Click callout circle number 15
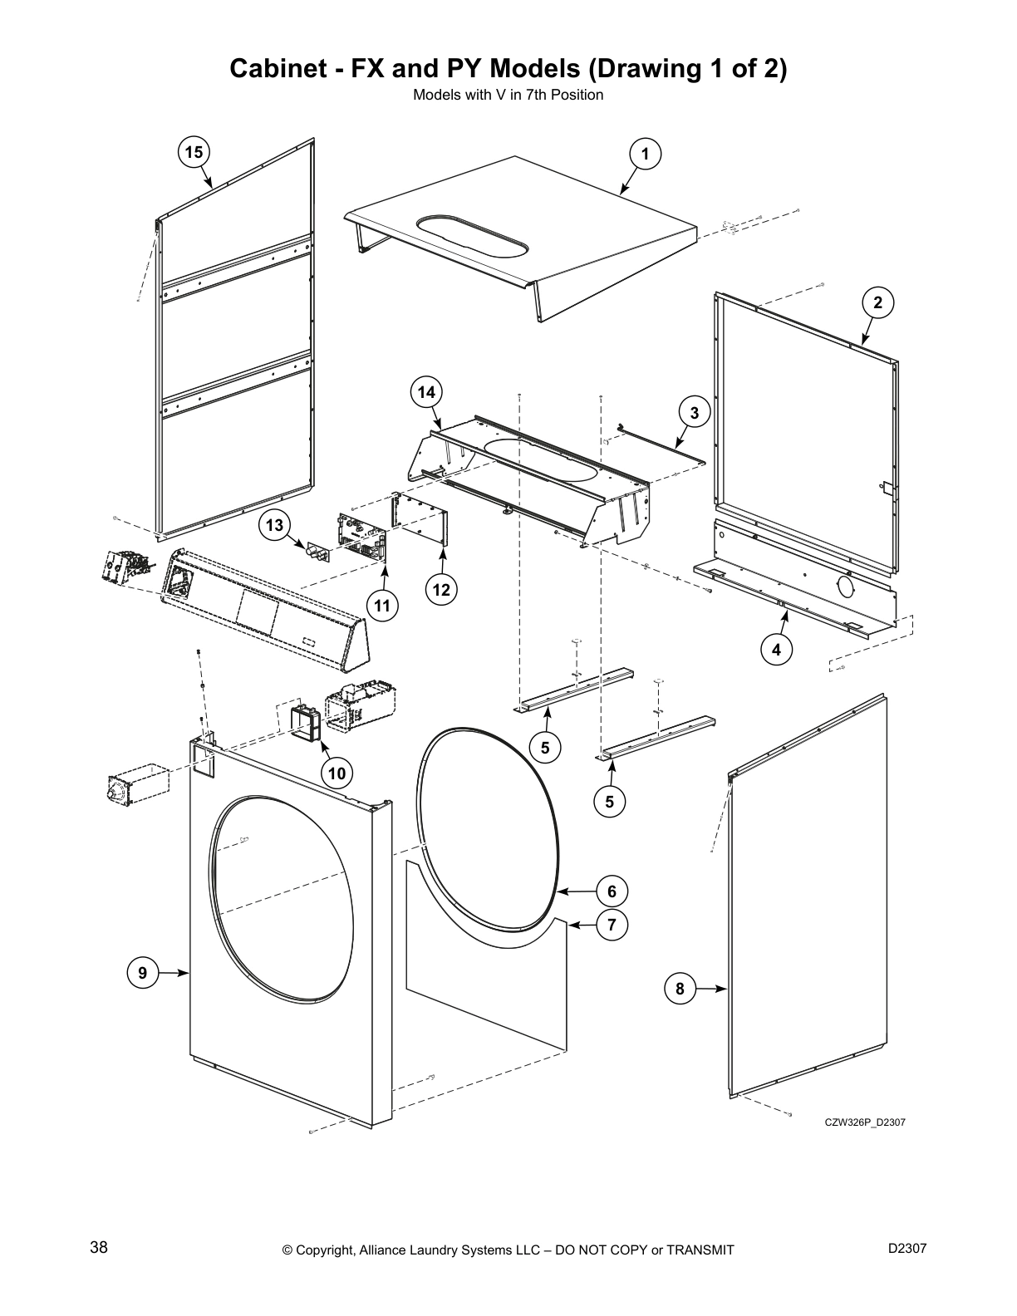pos(194,152)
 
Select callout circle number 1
pos(645,154)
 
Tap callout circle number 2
pos(877,303)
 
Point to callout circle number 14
pos(426,392)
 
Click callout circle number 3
pos(695,412)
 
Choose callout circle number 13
pos(275,525)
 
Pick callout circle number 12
pos(441,590)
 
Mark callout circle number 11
pos(381,606)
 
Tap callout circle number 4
pos(777,650)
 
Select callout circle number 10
pos(337,773)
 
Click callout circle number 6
pos(612,891)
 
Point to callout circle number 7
pos(612,925)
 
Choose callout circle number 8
pos(680,989)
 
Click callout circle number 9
pos(143,972)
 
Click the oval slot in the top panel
pos(471,238)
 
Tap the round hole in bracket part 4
pos(845,587)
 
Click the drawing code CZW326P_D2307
pos(864,1122)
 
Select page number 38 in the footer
pos(98,1248)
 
